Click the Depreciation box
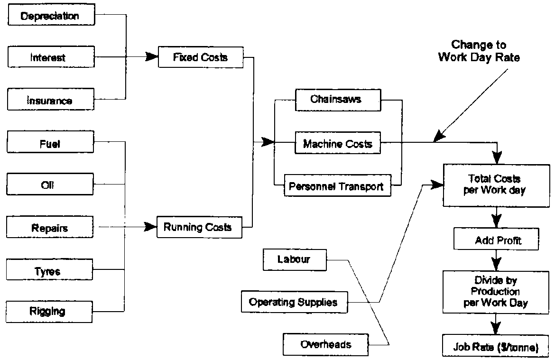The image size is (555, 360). click(50, 16)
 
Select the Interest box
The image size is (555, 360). click(50, 58)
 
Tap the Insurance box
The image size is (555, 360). click(50, 100)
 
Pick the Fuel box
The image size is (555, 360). click(50, 143)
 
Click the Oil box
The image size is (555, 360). click(50, 185)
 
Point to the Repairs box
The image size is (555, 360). click(50, 228)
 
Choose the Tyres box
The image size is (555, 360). click(50, 271)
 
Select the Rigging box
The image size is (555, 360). click(50, 311)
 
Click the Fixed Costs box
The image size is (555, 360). click(200, 57)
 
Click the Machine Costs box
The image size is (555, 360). click(337, 143)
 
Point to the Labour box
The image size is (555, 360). click(294, 259)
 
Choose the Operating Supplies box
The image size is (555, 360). click(293, 302)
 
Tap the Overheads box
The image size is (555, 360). click(326, 344)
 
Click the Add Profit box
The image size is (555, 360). click(497, 240)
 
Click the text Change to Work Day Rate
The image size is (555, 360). click(479, 51)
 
